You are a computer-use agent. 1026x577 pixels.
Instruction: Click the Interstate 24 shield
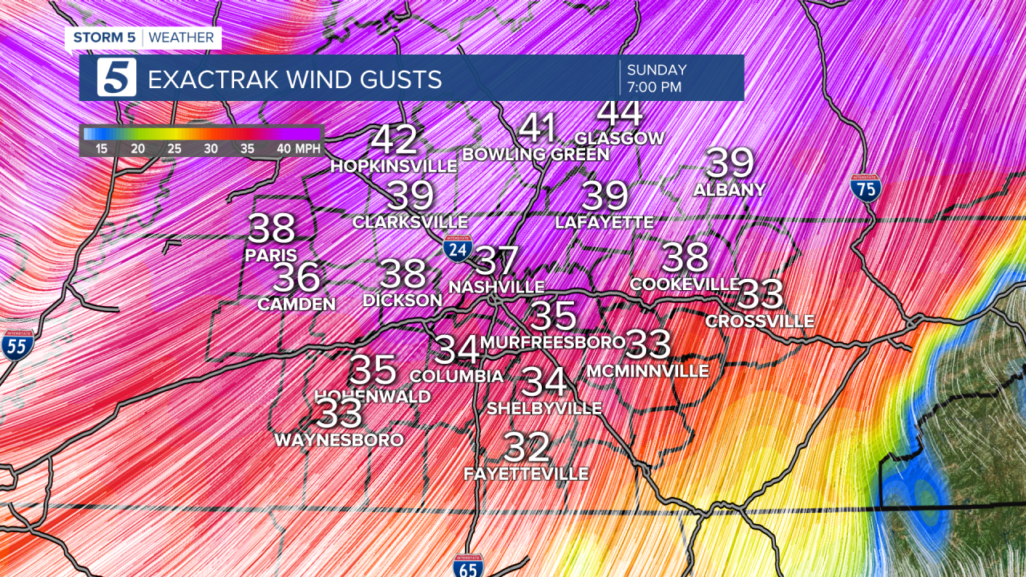click(458, 249)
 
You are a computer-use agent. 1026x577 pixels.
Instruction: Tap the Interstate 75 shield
click(866, 187)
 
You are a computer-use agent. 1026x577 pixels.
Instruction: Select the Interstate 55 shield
click(17, 344)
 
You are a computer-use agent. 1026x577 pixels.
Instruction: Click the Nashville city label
click(497, 286)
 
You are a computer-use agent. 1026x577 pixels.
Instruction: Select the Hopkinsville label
click(394, 166)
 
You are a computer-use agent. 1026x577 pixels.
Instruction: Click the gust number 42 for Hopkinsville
click(394, 140)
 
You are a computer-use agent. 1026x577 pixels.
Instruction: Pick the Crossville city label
click(760, 321)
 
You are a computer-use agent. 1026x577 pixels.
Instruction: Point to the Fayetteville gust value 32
click(527, 447)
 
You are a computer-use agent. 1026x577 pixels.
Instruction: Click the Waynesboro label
click(338, 440)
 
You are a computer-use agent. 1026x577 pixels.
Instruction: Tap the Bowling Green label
click(535, 154)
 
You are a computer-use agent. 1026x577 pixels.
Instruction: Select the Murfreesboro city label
click(553, 342)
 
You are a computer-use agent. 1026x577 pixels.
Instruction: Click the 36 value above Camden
click(297, 278)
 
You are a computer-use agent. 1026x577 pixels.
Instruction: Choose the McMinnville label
click(648, 371)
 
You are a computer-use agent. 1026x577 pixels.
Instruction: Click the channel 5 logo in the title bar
click(116, 78)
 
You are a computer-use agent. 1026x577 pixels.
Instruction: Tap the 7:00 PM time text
click(654, 87)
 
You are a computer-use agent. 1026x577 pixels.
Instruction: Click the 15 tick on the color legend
click(101, 148)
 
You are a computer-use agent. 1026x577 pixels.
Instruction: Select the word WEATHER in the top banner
click(181, 38)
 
